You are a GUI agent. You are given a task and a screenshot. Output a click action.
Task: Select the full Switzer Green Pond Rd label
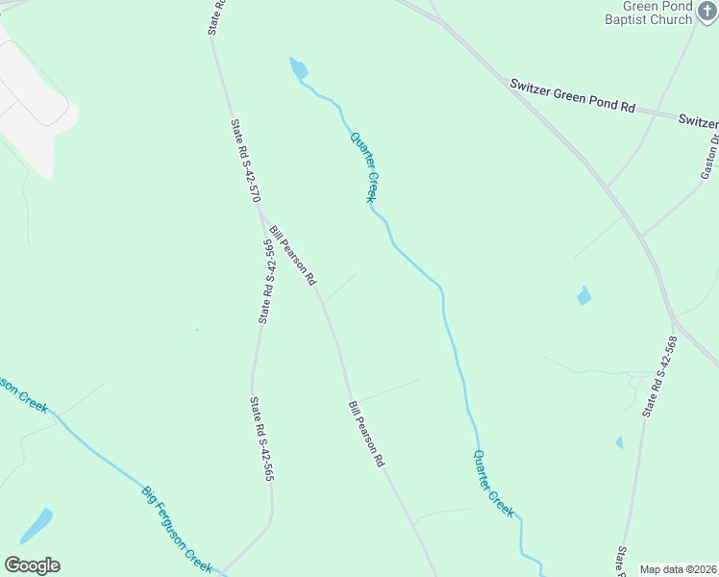click(x=573, y=97)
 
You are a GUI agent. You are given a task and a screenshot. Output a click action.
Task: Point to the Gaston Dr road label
click(x=710, y=156)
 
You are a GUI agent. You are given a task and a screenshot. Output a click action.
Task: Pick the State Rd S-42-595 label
click(x=267, y=281)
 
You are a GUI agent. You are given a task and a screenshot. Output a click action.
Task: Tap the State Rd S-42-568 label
click(x=663, y=375)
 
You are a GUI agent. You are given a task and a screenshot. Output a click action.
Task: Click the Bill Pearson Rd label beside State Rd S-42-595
click(x=293, y=256)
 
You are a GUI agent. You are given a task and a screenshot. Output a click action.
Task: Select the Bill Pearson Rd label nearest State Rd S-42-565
click(x=366, y=434)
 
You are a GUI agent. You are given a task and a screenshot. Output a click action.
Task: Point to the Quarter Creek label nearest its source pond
click(x=362, y=166)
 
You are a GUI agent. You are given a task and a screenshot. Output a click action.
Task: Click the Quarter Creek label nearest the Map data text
click(x=493, y=484)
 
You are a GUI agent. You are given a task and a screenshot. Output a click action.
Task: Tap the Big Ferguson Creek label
click(x=177, y=530)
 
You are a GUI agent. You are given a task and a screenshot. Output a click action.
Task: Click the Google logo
click(x=32, y=565)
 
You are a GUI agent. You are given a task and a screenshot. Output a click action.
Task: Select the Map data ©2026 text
click(x=679, y=569)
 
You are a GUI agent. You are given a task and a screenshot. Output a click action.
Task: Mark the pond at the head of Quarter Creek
click(x=299, y=67)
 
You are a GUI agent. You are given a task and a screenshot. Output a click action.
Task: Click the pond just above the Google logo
click(x=37, y=526)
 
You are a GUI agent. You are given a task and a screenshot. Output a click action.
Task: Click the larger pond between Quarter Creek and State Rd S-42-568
click(x=583, y=296)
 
